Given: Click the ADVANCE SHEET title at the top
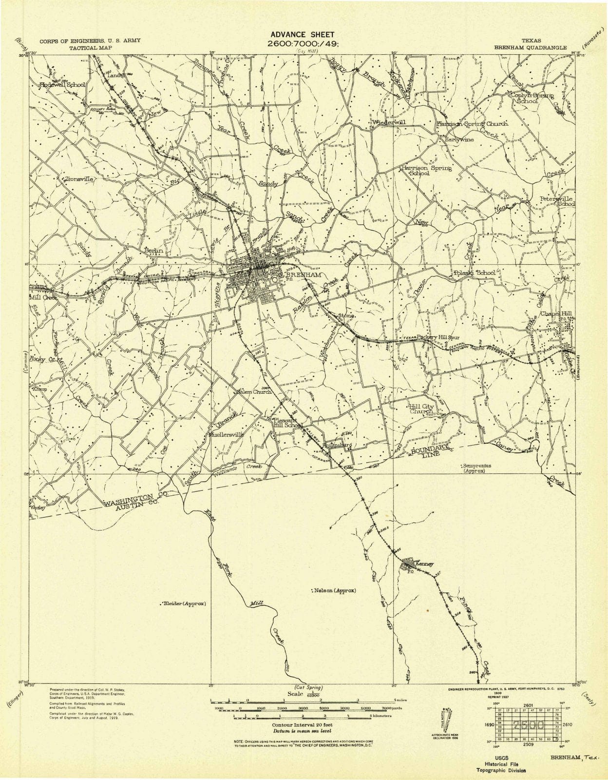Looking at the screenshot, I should (302, 35).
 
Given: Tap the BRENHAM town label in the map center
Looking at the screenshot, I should (306, 275).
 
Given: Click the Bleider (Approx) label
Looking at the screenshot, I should (184, 604).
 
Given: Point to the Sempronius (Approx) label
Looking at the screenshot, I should (476, 468).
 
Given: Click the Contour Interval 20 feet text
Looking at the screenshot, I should (300, 725).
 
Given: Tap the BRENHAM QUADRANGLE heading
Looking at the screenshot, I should (530, 48).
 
